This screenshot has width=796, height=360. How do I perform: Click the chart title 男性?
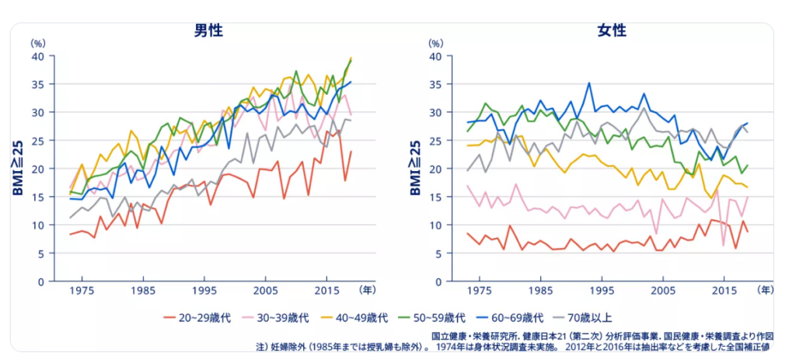point(208,31)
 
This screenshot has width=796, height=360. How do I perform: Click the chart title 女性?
point(611,31)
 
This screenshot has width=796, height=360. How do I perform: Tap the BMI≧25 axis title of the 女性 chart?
point(415,167)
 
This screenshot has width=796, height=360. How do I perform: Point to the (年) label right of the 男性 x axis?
point(367,290)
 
